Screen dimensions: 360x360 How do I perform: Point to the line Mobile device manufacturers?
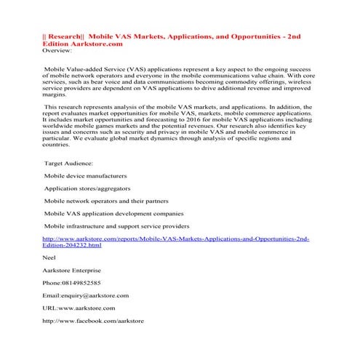click(x=86, y=177)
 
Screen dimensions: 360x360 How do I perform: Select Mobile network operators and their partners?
click(x=107, y=201)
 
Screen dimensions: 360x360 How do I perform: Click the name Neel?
click(x=51, y=257)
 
